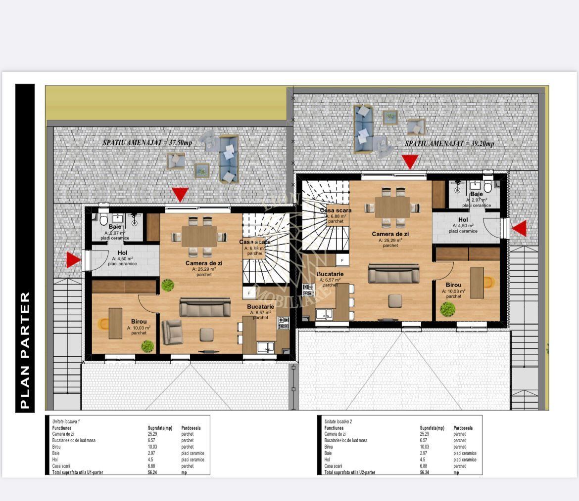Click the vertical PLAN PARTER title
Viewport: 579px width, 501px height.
click(x=25, y=351)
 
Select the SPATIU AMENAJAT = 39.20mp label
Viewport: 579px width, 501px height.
click(x=449, y=143)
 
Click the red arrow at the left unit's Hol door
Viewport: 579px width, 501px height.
click(x=73, y=260)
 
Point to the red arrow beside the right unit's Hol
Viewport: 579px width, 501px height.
click(x=519, y=228)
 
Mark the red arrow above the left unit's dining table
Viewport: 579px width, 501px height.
click(x=180, y=194)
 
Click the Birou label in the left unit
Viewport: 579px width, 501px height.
click(x=139, y=321)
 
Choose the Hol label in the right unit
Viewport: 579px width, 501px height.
click(x=463, y=220)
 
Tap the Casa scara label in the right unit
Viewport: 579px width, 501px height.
click(x=336, y=210)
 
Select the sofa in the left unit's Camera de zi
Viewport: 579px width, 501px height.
click(x=205, y=307)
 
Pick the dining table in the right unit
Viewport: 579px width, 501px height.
click(x=392, y=207)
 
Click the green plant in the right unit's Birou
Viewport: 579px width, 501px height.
click(x=448, y=309)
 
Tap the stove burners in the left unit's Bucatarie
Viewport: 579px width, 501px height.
click(x=283, y=323)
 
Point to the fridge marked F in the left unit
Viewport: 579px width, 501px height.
click(x=249, y=293)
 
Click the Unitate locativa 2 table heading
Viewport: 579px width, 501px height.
click(x=338, y=421)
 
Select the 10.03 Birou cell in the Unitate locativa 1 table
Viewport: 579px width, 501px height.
click(x=153, y=447)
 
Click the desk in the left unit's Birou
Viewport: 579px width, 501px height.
click(x=115, y=323)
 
